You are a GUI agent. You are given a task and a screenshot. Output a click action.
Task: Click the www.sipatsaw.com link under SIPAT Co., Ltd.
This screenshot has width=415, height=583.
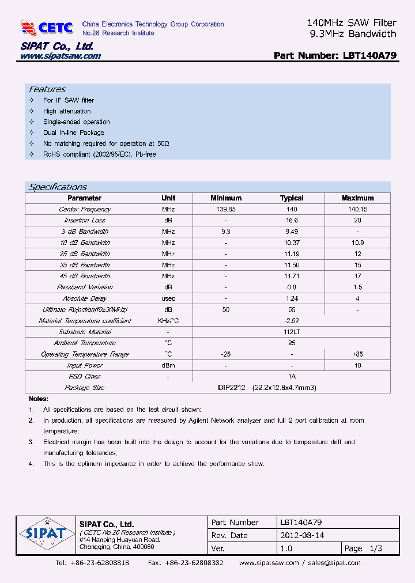[61, 56]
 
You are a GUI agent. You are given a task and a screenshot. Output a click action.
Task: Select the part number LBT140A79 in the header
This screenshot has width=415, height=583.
[369, 56]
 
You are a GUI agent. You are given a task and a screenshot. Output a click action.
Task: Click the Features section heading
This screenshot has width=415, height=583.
[47, 89]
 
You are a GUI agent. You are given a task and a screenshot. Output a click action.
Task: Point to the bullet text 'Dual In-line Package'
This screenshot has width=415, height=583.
[74, 132]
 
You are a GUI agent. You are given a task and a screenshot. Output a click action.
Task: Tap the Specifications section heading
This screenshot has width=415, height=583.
[58, 187]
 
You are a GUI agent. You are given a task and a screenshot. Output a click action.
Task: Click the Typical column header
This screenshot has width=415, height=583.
[292, 198]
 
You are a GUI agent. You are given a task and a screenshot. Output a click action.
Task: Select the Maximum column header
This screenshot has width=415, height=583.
[357, 198]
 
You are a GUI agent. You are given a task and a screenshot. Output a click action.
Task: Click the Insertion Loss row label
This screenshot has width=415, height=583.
[85, 221]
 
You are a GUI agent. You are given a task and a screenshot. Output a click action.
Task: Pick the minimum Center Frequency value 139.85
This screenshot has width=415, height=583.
[225, 210]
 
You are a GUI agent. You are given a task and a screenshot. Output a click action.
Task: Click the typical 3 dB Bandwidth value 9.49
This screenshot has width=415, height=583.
[292, 232]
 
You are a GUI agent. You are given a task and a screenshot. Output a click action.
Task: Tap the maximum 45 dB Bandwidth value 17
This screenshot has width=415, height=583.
[357, 277]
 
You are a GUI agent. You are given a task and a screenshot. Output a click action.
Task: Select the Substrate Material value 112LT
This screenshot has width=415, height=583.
[292, 332]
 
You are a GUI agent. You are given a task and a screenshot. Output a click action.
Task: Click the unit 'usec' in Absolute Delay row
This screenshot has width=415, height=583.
[168, 299]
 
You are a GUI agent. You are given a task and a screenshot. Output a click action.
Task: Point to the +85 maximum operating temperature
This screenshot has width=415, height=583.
[357, 355]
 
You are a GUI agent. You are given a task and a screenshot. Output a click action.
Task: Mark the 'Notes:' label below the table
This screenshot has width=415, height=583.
[39, 399]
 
